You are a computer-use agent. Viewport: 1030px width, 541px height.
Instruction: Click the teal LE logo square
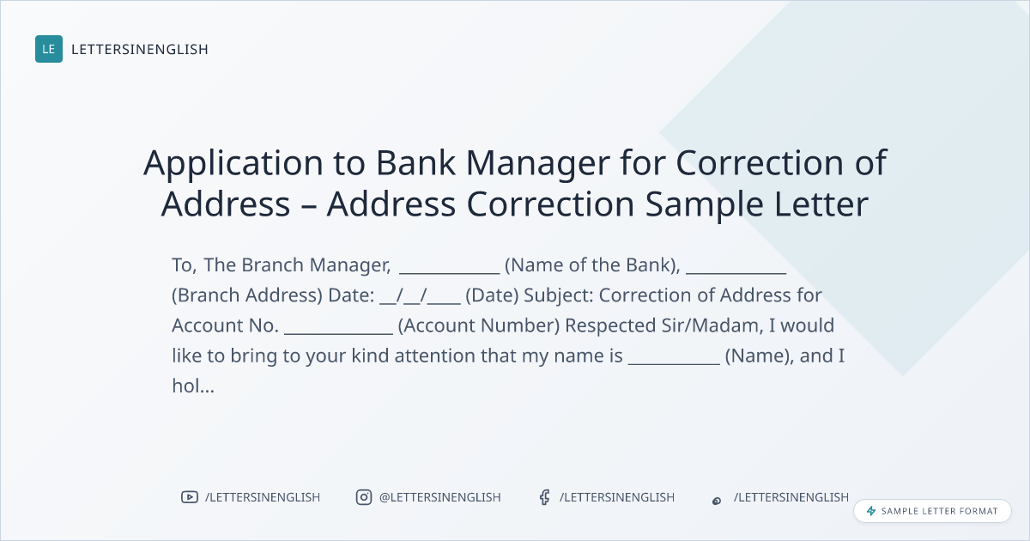point(49,49)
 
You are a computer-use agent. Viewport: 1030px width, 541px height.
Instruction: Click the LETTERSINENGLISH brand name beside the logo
point(140,49)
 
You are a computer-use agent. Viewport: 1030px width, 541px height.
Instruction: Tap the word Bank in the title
point(415,162)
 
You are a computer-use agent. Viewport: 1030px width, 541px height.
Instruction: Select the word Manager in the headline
point(537,164)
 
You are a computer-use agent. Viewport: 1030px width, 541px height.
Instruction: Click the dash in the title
point(308,205)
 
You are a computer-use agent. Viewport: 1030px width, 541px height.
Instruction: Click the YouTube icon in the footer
point(190,497)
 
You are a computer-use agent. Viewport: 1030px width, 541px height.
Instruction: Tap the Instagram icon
point(364,497)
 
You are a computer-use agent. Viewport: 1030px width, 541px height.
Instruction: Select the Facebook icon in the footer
point(544,497)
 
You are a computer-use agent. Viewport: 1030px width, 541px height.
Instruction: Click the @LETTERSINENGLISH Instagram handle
point(440,497)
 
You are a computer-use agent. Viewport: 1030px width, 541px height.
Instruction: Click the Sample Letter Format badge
point(932,511)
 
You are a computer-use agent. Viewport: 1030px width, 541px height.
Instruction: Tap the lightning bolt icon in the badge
point(871,511)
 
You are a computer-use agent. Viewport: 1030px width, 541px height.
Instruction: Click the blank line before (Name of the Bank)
point(449,273)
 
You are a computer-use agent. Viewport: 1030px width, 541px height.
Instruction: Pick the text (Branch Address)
point(247,295)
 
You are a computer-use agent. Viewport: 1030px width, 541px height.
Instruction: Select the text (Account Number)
point(479,326)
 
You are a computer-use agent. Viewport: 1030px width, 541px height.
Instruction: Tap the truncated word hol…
point(193,386)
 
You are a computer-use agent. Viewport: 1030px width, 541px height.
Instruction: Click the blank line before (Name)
point(674,364)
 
